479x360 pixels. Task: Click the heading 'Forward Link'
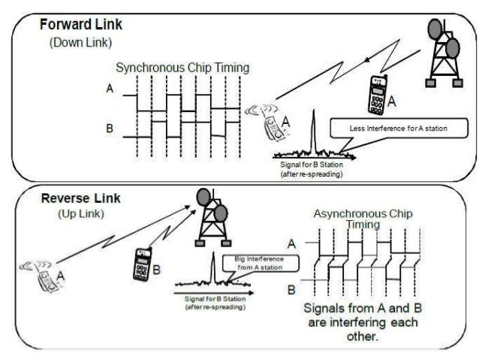click(81, 24)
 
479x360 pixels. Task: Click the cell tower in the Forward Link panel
click(441, 53)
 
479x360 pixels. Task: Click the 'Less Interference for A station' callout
click(398, 129)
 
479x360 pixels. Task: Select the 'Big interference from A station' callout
click(249, 263)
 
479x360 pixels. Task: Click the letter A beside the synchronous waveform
click(110, 89)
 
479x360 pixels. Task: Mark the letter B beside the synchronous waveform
click(110, 129)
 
